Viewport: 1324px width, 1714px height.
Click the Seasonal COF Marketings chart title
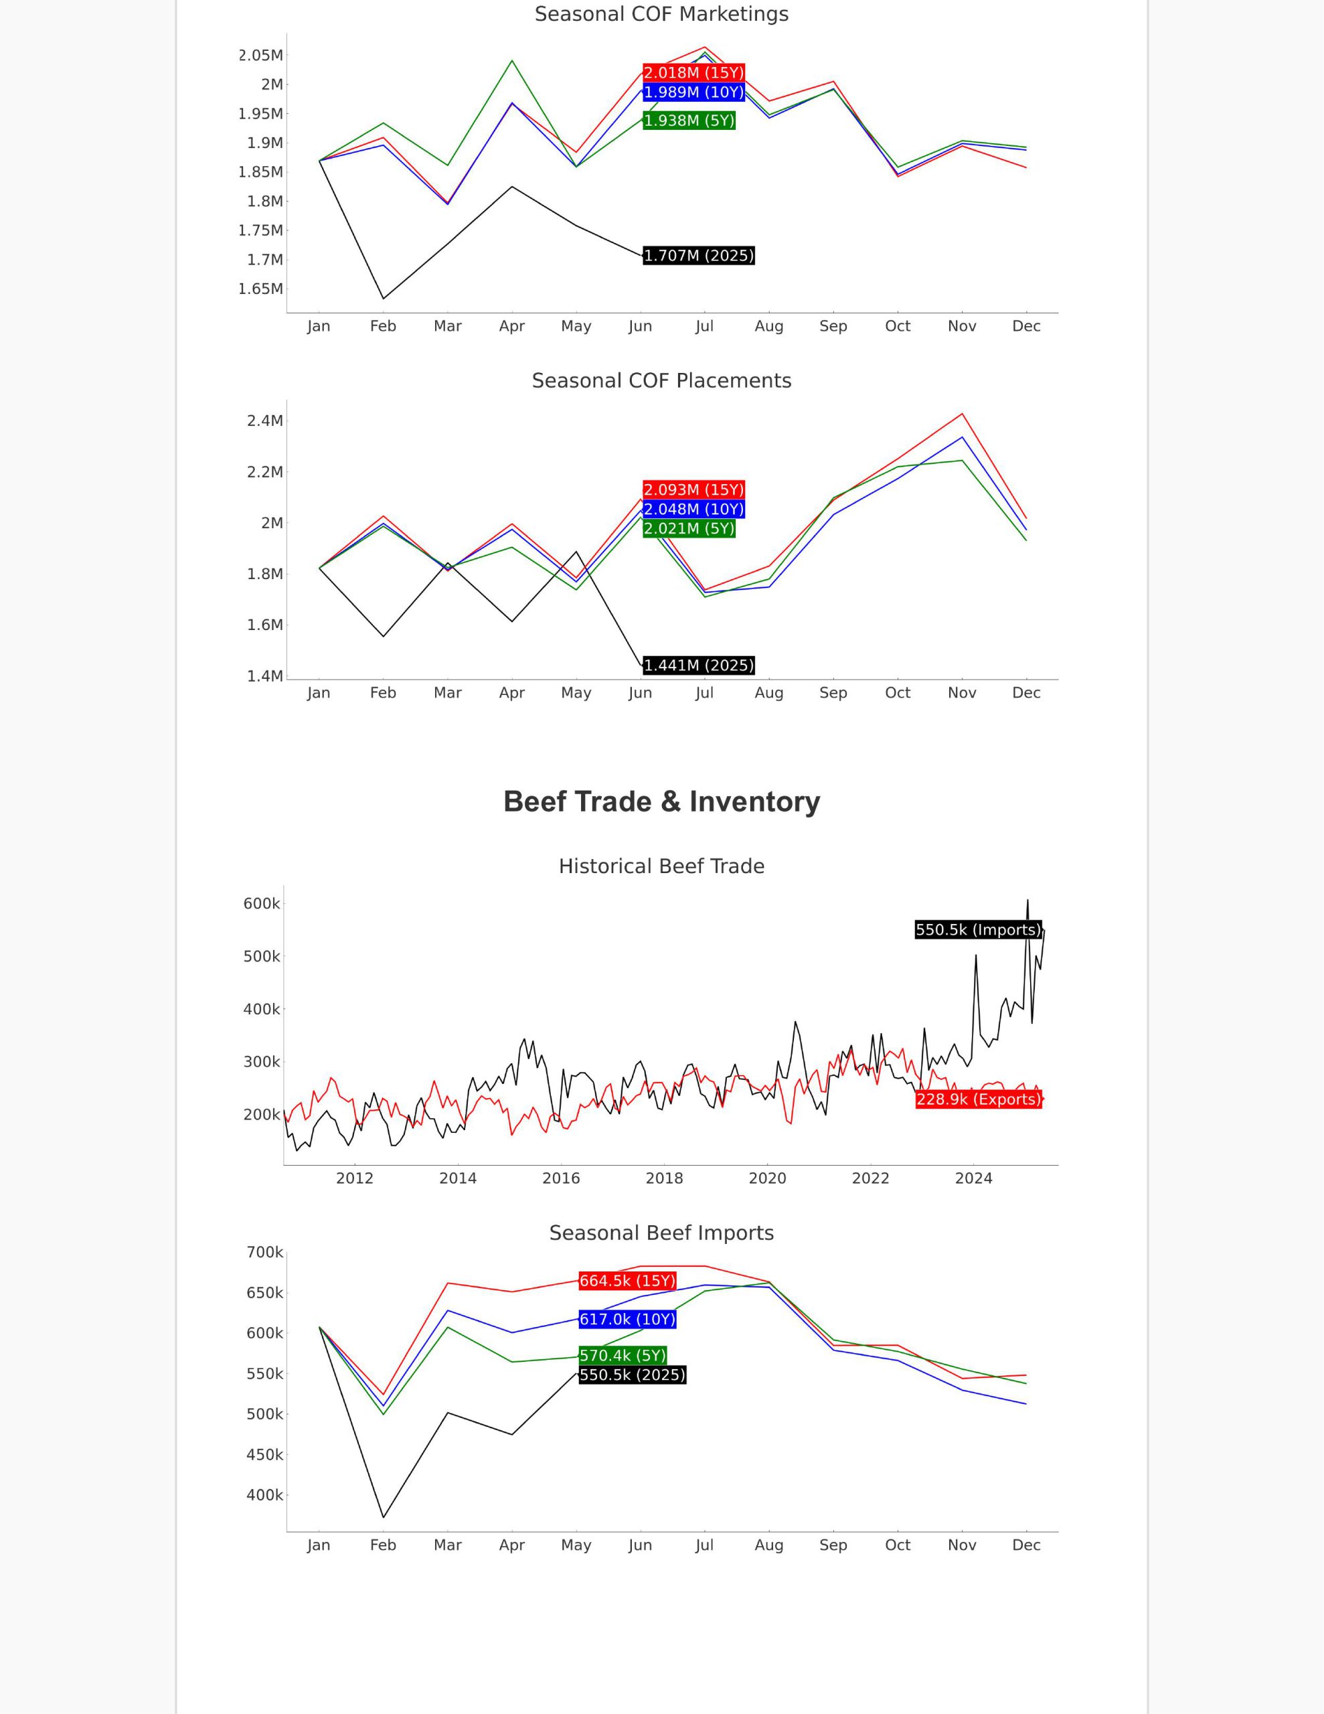pyautogui.click(x=661, y=14)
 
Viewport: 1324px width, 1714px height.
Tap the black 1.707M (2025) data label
pyautogui.click(x=699, y=256)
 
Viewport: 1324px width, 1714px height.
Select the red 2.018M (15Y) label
pyautogui.click(x=693, y=73)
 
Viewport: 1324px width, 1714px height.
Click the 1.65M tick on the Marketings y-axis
pyautogui.click(x=260, y=289)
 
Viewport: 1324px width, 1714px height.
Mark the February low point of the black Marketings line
pyautogui.click(x=383, y=298)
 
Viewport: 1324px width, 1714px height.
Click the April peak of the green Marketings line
pyautogui.click(x=511, y=60)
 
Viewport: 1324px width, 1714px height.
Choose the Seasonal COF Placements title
pyautogui.click(x=661, y=380)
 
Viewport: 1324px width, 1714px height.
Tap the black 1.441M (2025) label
pyautogui.click(x=699, y=666)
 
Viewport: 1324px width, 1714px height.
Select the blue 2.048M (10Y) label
pyautogui.click(x=693, y=510)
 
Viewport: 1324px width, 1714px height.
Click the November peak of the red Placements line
pyautogui.click(x=962, y=414)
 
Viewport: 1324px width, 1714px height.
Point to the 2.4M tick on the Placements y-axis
pyautogui.click(x=265, y=420)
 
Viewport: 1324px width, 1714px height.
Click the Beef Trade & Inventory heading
pyautogui.click(x=661, y=801)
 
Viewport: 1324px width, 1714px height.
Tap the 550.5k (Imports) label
pyautogui.click(x=979, y=930)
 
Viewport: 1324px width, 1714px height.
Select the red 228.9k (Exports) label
pyautogui.click(x=979, y=1099)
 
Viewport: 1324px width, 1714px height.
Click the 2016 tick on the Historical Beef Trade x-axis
pyautogui.click(x=561, y=1178)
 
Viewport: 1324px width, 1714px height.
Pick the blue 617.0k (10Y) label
pyautogui.click(x=627, y=1319)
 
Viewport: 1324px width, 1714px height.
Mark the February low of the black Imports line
pyautogui.click(x=383, y=1517)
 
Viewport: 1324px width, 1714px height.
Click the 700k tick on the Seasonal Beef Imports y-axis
pyautogui.click(x=264, y=1253)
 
